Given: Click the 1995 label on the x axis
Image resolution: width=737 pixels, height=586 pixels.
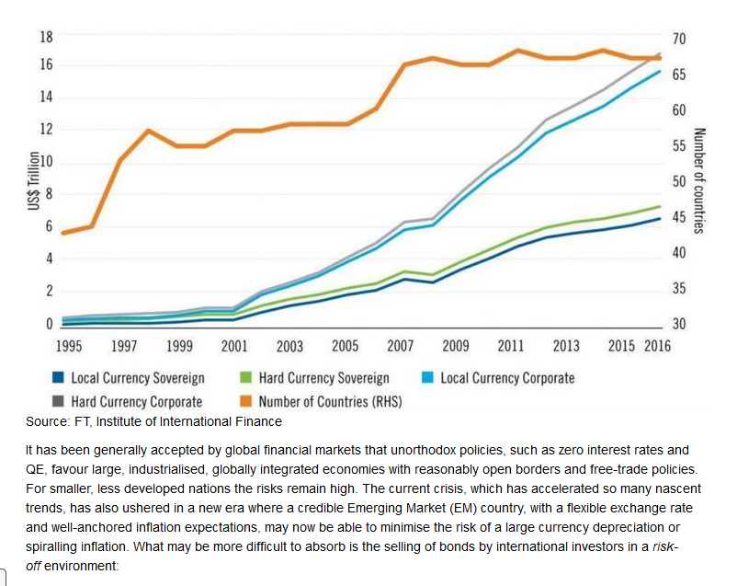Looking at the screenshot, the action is [x=69, y=346].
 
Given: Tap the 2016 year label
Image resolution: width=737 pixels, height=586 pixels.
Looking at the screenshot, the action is [x=657, y=346].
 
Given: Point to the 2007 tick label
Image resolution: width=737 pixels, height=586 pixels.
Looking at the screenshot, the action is [x=400, y=346].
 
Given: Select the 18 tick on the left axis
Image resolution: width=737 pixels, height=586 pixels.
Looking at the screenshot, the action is [x=47, y=37].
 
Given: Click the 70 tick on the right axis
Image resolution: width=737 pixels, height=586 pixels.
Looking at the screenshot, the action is [x=679, y=39].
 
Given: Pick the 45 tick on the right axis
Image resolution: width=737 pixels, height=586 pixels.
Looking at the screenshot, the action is [x=679, y=217].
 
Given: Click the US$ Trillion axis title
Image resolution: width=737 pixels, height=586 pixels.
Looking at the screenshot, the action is [x=33, y=180].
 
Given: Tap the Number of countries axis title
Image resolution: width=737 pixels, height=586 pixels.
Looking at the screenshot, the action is [x=699, y=180].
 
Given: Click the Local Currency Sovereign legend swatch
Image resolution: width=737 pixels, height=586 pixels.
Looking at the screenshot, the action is [x=58, y=377].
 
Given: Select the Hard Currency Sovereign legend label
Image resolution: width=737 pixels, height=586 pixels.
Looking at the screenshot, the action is [x=323, y=378].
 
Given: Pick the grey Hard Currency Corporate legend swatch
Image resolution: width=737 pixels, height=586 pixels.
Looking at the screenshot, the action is [x=58, y=401].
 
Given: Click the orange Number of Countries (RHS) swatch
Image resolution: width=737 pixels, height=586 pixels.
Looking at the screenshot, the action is [x=246, y=401].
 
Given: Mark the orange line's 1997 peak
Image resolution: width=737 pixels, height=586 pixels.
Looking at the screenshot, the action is [x=148, y=131].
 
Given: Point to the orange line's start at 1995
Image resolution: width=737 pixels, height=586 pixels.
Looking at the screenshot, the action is [x=64, y=233].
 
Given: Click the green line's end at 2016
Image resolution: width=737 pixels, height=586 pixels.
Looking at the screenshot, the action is [x=660, y=207].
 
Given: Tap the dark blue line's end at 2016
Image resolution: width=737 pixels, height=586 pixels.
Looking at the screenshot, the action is [x=660, y=218].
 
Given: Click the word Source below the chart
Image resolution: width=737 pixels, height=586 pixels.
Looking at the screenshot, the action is [x=47, y=421].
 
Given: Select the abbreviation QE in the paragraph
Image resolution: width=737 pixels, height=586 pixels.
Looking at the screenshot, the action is [x=35, y=470].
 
